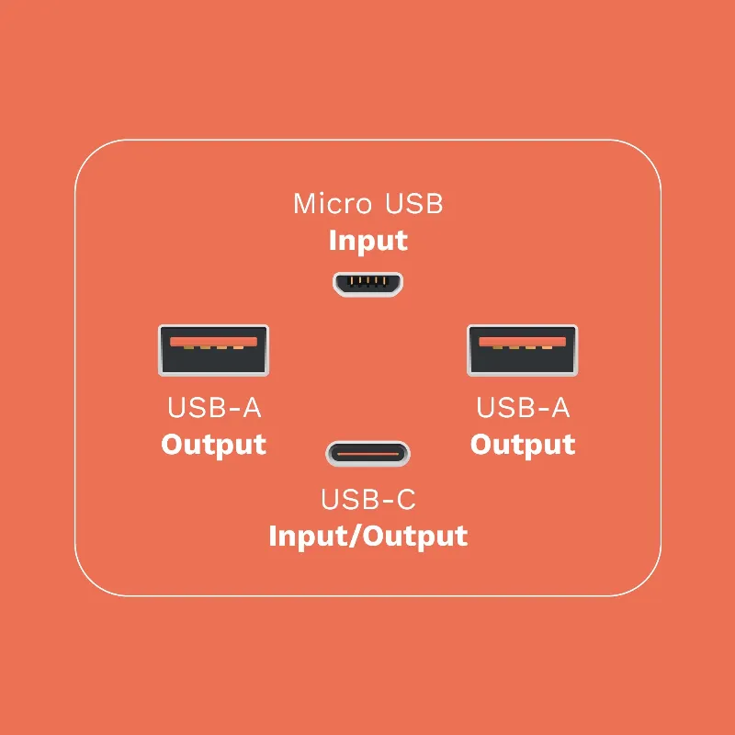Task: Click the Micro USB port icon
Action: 367,284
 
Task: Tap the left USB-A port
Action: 213,350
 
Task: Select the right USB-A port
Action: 522,350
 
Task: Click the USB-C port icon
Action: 367,454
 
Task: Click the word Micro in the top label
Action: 333,204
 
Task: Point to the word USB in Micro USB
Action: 413,204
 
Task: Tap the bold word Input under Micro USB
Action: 368,242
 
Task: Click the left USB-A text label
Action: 214,408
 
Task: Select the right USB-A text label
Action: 523,408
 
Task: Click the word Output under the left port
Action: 214,445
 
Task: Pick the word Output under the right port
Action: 523,445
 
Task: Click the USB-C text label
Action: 368,499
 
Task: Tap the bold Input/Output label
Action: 368,536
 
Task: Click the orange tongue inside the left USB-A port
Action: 213,342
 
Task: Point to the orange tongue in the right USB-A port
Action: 522,342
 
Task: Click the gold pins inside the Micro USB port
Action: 367,281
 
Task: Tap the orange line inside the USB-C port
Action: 367,454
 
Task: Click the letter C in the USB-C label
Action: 405,499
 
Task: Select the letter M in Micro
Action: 305,204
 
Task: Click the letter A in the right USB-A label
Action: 560,408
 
